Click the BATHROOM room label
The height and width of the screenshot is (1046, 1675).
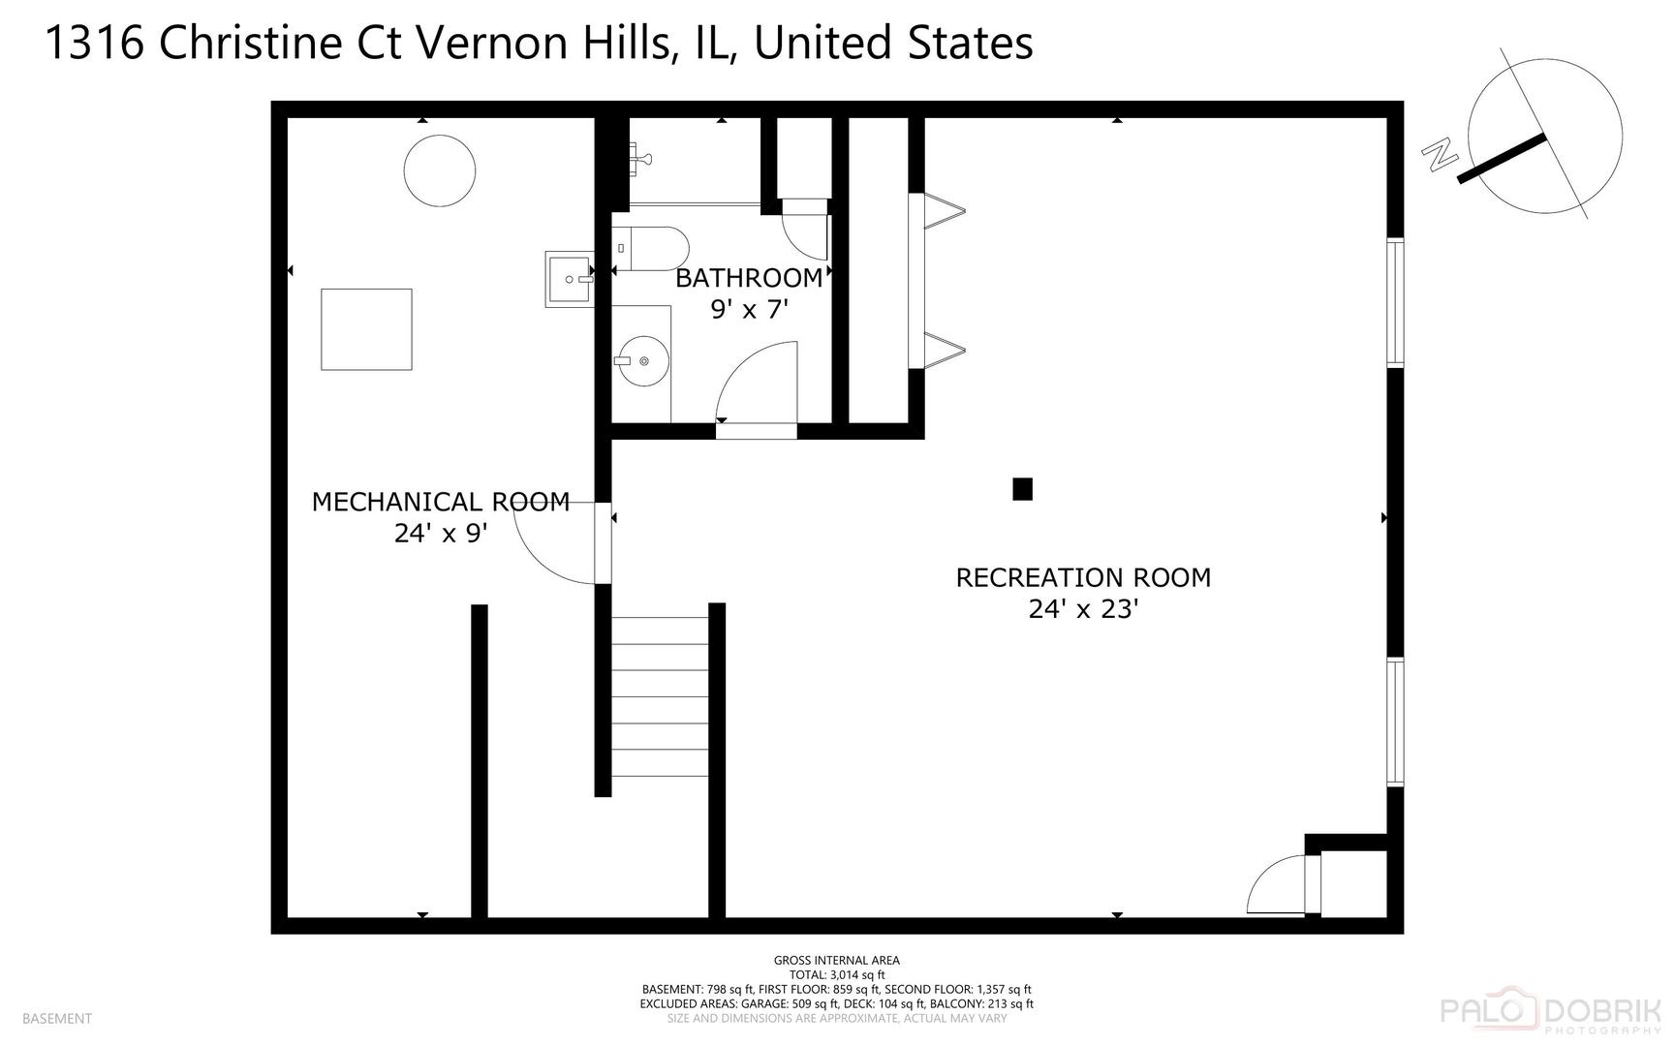point(749,278)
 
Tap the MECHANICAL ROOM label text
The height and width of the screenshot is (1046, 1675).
point(440,502)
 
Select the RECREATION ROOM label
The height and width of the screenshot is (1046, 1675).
point(1083,577)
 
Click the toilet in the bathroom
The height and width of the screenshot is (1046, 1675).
point(651,249)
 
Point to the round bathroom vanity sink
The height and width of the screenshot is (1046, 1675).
point(643,361)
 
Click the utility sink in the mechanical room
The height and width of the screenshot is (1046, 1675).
point(570,279)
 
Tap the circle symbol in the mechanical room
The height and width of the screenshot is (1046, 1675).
point(439,170)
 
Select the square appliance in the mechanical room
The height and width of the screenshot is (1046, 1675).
point(366,329)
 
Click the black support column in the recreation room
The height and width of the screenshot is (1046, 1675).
point(1022,489)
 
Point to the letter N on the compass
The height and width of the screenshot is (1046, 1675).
point(1441,154)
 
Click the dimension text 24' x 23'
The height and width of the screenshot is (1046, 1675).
point(1082,609)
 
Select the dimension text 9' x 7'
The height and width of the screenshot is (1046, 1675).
point(749,310)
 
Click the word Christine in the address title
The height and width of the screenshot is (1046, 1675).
point(280,44)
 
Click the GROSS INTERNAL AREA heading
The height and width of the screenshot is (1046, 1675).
point(836,961)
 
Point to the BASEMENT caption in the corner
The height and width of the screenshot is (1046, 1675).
point(56,1018)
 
